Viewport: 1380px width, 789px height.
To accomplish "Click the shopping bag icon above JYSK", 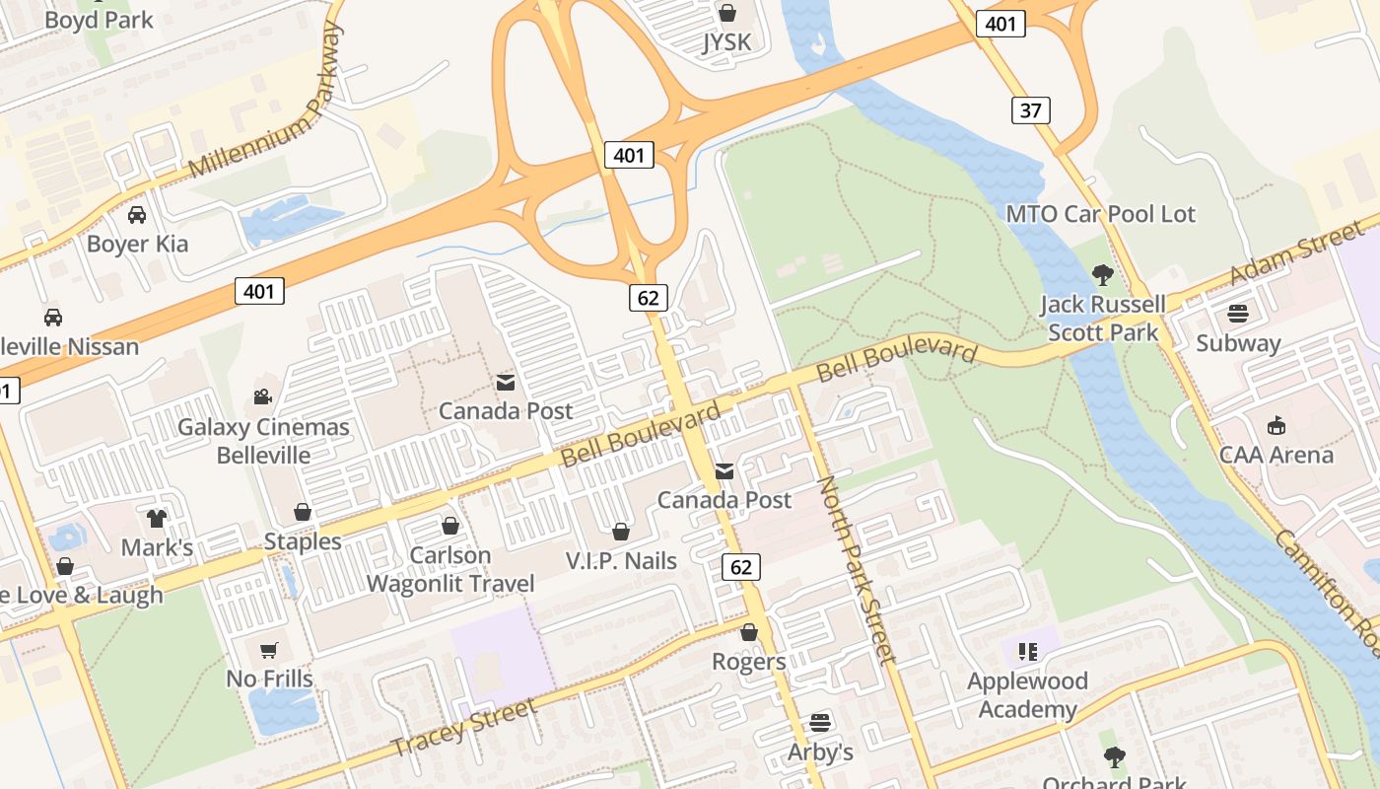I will click(x=727, y=13).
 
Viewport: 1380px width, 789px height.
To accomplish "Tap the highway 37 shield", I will click(x=1030, y=109).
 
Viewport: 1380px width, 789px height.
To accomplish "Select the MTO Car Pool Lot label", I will click(x=1100, y=214).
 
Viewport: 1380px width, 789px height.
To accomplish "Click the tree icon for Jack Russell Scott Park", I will click(x=1102, y=274).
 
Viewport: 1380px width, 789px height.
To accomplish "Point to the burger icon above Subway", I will click(x=1238, y=315).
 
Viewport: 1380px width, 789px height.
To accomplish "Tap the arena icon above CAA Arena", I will click(x=1276, y=426).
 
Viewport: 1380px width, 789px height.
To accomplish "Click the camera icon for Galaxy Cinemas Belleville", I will click(x=262, y=396).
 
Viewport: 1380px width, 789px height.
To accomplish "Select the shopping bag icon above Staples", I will click(x=303, y=512).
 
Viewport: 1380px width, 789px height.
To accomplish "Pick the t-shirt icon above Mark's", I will click(x=157, y=518).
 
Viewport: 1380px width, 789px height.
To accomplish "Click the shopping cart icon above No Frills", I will click(x=268, y=650).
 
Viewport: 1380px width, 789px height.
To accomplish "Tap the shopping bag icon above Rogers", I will click(x=749, y=632).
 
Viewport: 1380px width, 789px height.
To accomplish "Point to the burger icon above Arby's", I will click(x=819, y=723).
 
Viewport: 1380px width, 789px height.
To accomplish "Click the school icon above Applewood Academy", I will click(x=1028, y=651).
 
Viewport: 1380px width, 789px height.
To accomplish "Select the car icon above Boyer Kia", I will click(x=137, y=214).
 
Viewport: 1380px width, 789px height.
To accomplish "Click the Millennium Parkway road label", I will click(x=266, y=104).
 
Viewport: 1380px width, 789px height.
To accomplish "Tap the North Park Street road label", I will click(x=856, y=569).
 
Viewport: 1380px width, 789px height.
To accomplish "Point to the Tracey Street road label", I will click(x=464, y=728).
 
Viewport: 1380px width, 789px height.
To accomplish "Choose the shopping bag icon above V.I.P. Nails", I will click(x=621, y=532).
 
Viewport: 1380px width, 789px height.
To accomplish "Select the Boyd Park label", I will click(x=99, y=19).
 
